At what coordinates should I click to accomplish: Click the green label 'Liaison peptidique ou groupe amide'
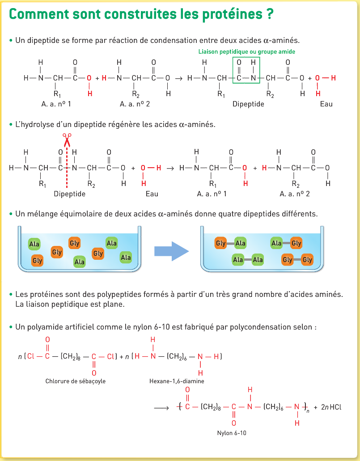click(246, 52)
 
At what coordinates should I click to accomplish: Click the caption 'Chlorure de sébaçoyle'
click(76, 381)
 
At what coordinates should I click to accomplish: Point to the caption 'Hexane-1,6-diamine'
click(177, 381)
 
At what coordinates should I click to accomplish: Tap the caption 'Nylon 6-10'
click(232, 433)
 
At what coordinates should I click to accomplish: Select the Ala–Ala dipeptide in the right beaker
click(248, 260)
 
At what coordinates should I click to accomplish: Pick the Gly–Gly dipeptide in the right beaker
click(297, 260)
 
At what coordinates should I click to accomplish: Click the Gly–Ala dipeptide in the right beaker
click(231, 243)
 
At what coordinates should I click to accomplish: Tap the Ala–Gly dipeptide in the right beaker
click(286, 243)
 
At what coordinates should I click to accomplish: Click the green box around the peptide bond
click(246, 70)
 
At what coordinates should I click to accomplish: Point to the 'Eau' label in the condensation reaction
click(326, 104)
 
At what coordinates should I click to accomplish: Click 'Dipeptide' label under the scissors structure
click(69, 194)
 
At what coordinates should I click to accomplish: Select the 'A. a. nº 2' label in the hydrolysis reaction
click(295, 194)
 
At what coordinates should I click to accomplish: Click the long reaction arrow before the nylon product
click(161, 407)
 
